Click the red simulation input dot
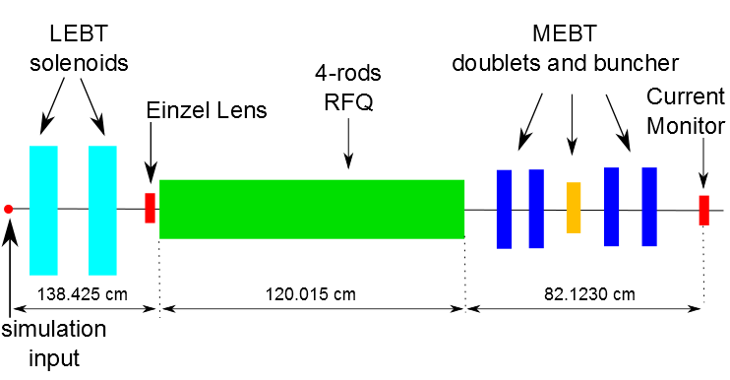(x=8, y=209)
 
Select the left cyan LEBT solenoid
(x=44, y=210)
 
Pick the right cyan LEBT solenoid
(x=102, y=210)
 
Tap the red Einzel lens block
(x=151, y=208)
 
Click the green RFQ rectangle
(x=311, y=209)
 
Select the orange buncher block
(x=574, y=207)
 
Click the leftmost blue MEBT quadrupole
(x=505, y=209)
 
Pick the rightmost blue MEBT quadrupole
(x=648, y=207)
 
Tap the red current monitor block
(x=704, y=210)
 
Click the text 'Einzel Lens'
(x=206, y=110)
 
